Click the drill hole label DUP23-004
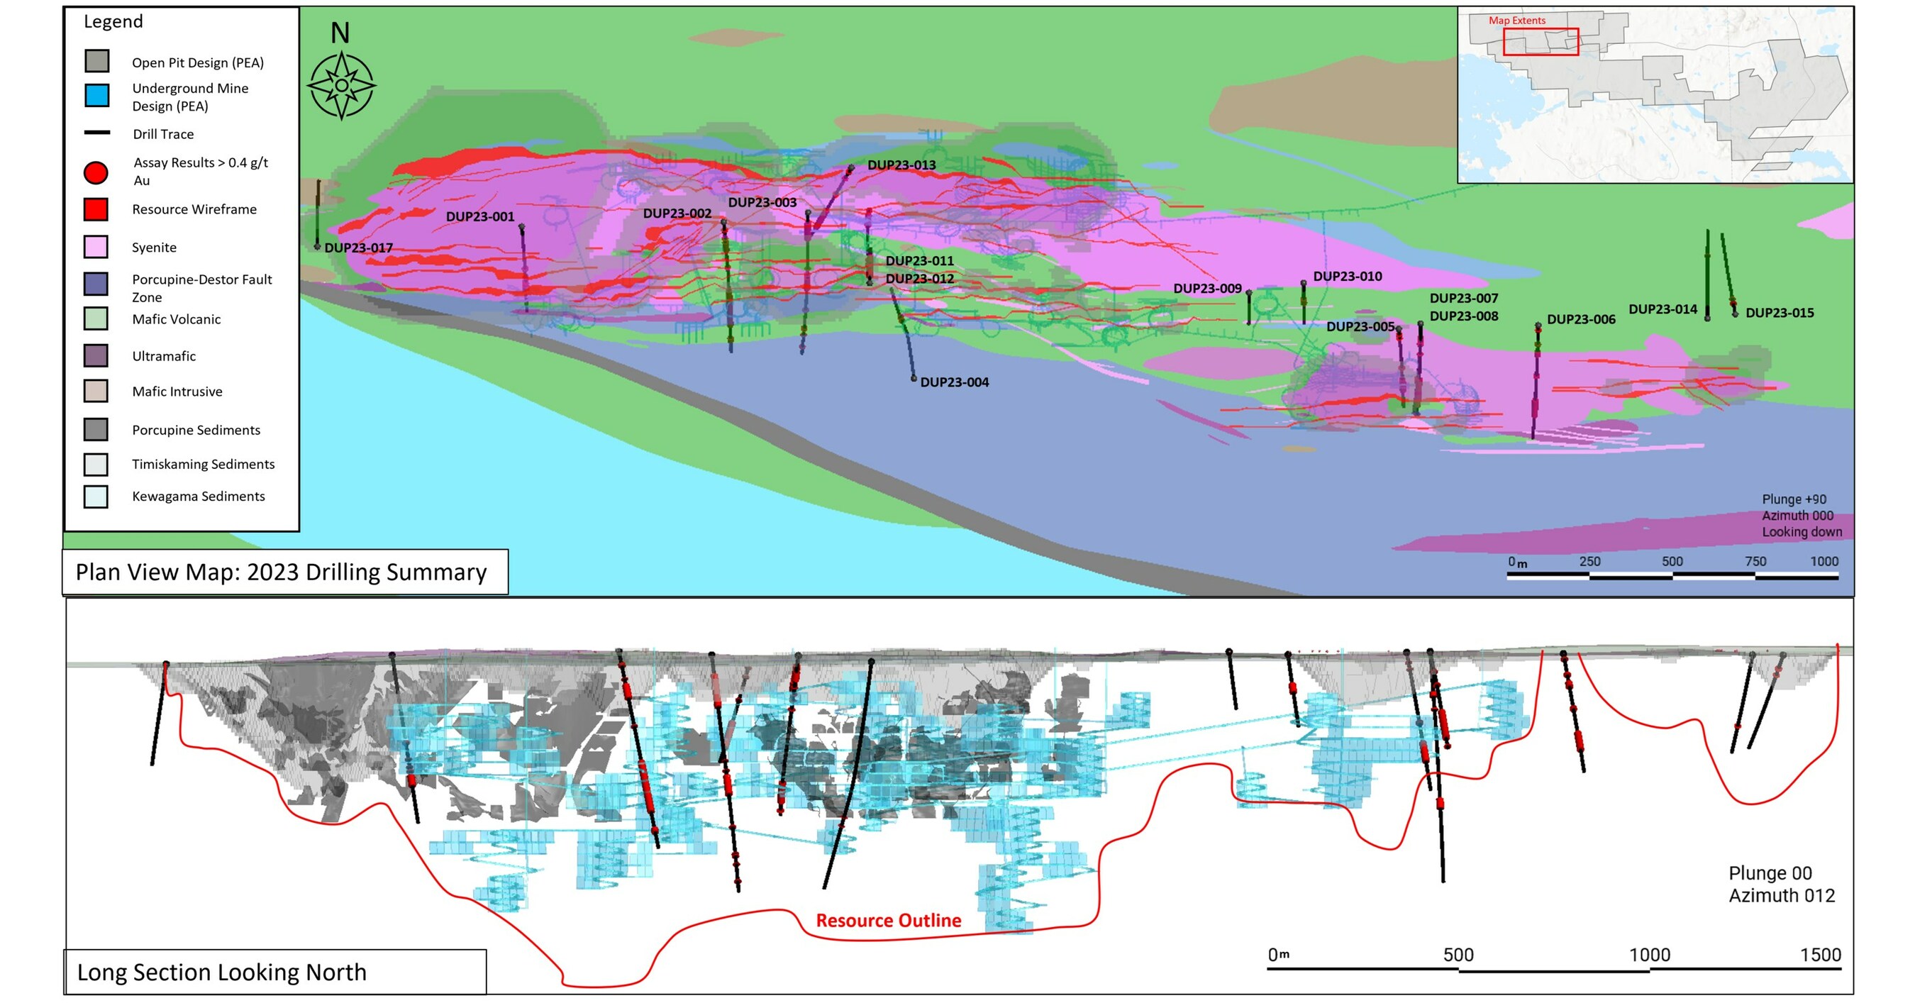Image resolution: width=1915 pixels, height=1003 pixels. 954,382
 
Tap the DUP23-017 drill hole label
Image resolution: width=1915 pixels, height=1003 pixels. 358,248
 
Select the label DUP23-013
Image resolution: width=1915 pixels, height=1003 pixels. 901,165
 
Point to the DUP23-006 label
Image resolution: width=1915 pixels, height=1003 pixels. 1580,320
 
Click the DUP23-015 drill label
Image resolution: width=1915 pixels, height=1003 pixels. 1779,313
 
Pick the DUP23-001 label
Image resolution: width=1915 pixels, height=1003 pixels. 479,216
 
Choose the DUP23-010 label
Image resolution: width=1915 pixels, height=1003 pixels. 1347,277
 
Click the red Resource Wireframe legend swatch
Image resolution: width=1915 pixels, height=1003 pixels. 96,210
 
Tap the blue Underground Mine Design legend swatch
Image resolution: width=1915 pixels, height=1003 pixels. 96,95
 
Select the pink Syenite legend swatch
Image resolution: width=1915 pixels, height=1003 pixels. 96,247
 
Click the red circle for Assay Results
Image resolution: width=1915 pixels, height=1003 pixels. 96,172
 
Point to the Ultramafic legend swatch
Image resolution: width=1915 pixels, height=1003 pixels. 96,355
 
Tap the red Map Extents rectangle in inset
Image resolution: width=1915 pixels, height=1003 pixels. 1541,42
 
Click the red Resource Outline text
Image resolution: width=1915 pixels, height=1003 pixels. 889,921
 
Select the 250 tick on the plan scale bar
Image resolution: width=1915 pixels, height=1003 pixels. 1589,562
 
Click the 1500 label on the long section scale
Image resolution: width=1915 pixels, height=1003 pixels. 1820,955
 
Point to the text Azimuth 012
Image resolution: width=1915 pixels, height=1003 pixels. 1781,896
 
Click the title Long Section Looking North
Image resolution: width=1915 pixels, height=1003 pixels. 221,972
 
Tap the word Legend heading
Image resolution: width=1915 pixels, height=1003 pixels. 113,21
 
